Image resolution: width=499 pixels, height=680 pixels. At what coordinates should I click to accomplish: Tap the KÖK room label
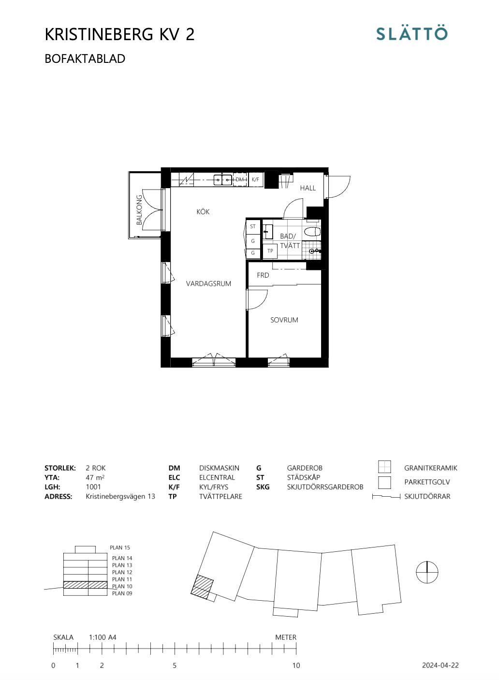tap(203, 211)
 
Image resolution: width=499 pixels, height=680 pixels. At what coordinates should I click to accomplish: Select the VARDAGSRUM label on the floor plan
tap(208, 283)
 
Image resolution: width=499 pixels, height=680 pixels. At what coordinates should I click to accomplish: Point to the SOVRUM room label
tap(284, 320)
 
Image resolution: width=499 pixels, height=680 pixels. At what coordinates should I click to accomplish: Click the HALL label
tap(308, 188)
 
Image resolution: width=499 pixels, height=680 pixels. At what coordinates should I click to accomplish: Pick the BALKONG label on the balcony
tap(139, 210)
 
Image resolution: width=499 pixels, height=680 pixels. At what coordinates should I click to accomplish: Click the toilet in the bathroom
tap(312, 232)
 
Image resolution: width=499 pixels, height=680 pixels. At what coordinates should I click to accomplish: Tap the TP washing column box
tap(270, 251)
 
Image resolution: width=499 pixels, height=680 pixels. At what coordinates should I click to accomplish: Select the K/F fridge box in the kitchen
tap(256, 179)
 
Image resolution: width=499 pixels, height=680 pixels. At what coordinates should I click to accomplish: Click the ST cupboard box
tap(253, 226)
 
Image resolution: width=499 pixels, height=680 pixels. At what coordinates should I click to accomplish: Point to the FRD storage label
tap(263, 275)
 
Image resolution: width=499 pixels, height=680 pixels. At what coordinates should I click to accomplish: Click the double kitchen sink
tap(223, 180)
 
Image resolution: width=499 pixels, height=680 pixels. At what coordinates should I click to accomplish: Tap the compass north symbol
tap(427, 572)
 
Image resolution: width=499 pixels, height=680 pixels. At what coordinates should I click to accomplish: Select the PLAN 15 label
tap(120, 547)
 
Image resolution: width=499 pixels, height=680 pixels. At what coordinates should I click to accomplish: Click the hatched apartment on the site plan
tap(202, 587)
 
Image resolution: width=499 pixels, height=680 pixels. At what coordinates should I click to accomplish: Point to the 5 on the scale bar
tap(175, 665)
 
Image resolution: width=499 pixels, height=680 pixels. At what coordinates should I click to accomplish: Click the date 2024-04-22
tap(440, 665)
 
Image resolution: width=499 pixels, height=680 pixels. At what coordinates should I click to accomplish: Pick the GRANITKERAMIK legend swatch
tap(384, 467)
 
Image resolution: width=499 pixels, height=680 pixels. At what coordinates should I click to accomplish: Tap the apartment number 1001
tap(93, 487)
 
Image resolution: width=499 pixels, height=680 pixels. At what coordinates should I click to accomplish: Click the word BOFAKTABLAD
tap(85, 59)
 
